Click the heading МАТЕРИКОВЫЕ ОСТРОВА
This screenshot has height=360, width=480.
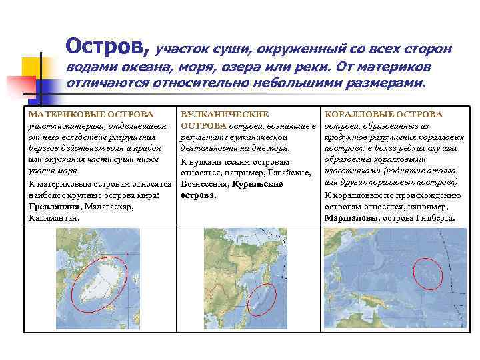pos(86,115)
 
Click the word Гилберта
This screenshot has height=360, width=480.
pos(436,217)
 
